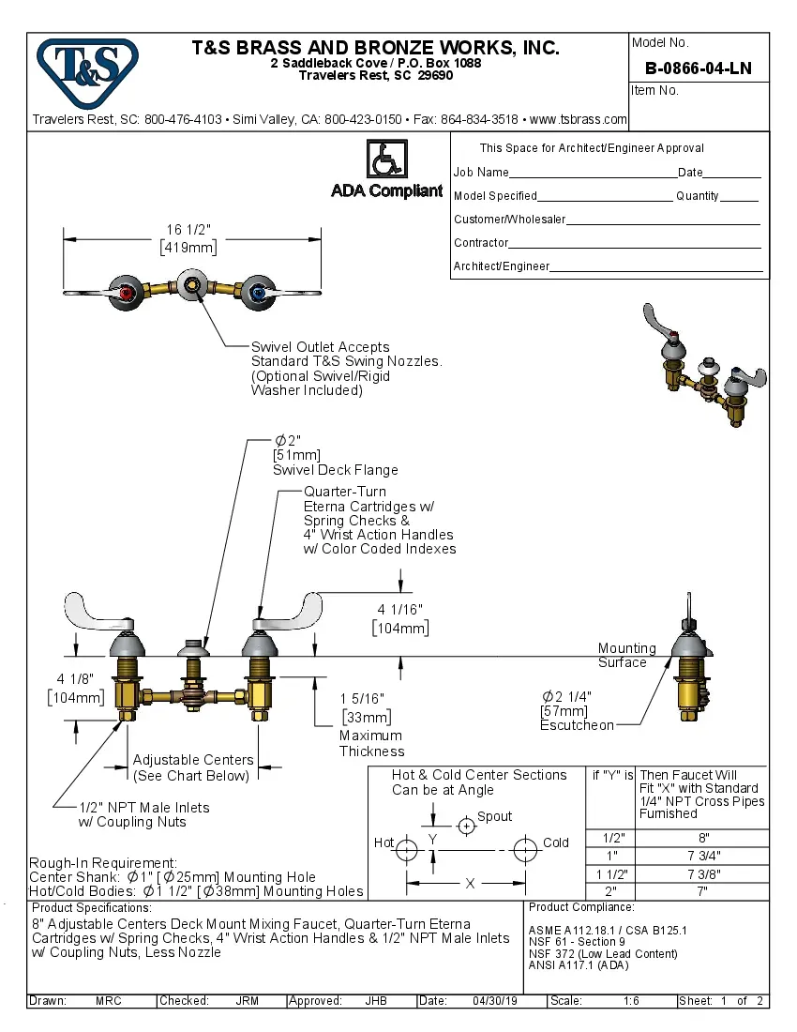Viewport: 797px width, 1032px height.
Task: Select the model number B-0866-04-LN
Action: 699,68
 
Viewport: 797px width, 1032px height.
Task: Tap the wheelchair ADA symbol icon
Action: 386,159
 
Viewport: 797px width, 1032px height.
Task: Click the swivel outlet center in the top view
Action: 192,285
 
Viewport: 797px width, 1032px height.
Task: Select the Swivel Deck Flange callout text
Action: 335,470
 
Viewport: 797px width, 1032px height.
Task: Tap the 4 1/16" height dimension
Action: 400,618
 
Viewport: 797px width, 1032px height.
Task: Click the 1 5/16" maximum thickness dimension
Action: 361,707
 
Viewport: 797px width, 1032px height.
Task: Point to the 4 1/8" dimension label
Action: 73,688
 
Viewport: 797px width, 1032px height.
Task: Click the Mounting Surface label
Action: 626,655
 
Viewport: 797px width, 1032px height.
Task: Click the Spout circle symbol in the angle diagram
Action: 466,826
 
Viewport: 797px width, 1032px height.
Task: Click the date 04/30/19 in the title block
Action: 495,1001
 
